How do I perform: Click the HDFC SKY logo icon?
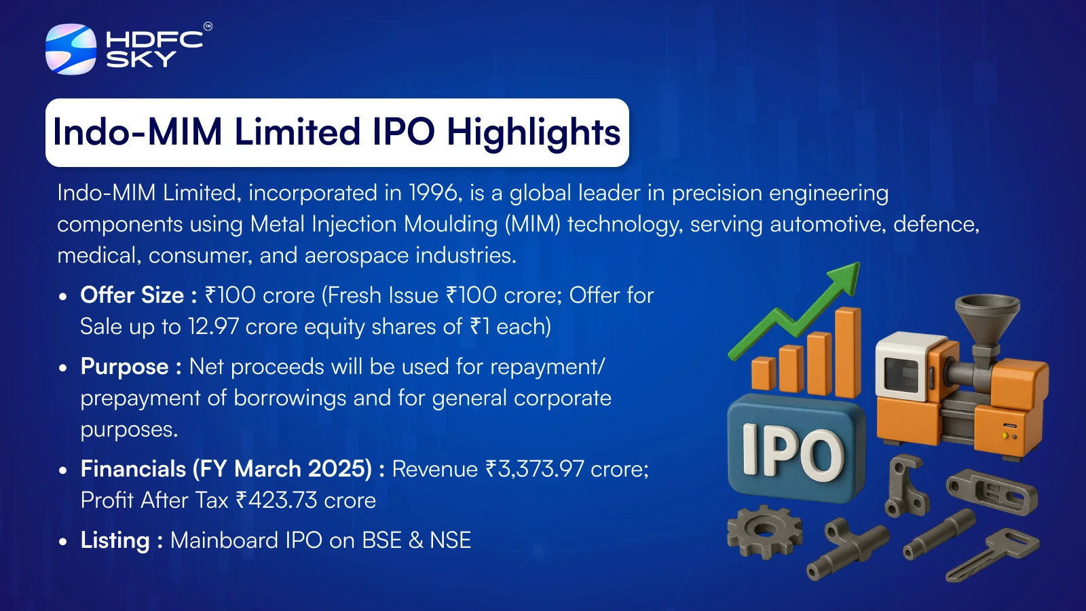pos(71,49)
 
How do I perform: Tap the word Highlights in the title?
pos(533,132)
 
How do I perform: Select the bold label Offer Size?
pos(132,295)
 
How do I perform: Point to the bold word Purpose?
pos(125,367)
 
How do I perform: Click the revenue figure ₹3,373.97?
pos(535,469)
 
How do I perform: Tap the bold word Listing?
pos(115,540)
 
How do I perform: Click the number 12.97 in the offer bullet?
pos(213,327)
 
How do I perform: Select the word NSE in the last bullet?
pos(451,540)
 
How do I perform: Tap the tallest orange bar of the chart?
pos(848,352)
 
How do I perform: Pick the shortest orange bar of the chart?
pos(764,373)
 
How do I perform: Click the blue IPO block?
pos(796,449)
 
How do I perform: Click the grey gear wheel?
pos(764,532)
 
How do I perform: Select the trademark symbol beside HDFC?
pos(208,26)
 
